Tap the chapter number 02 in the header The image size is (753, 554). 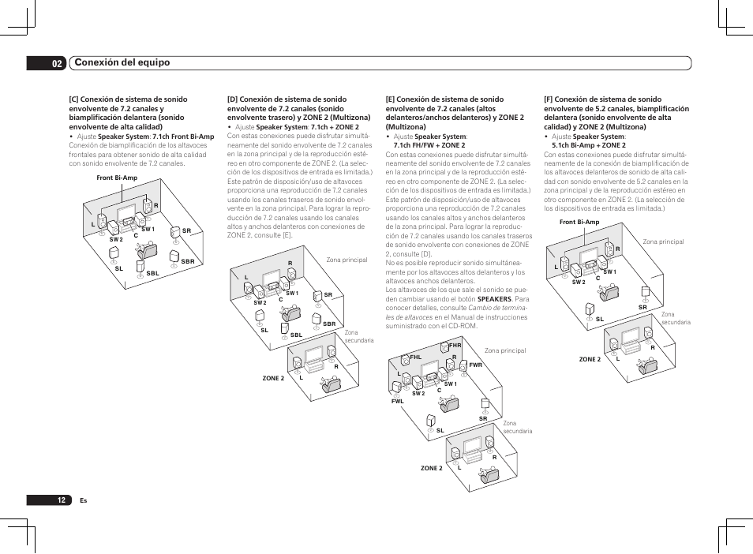pyautogui.click(x=57, y=63)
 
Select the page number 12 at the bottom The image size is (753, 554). pyautogui.click(x=61, y=500)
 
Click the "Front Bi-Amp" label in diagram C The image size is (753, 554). pyautogui.click(x=117, y=178)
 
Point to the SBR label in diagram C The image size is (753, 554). pyautogui.click(x=188, y=261)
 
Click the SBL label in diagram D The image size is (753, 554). pyautogui.click(x=296, y=335)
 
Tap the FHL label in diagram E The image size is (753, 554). pyautogui.click(x=416, y=357)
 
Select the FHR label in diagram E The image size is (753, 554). pyautogui.click(x=455, y=346)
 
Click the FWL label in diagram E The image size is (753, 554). pyautogui.click(x=397, y=401)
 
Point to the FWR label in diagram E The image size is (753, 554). pyautogui.click(x=475, y=365)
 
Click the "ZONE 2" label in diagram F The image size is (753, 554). pyautogui.click(x=590, y=359)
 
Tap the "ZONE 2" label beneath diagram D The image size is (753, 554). pyautogui.click(x=273, y=378)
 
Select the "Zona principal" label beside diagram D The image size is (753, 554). pyautogui.click(x=347, y=260)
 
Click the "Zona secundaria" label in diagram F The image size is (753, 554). pyautogui.click(x=676, y=318)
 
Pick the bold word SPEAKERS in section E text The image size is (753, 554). pyautogui.click(x=495, y=300)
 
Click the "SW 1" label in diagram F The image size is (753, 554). pyautogui.click(x=609, y=271)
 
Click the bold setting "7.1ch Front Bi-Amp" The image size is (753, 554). pyautogui.click(x=183, y=137)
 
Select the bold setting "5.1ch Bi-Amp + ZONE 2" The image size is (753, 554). pyautogui.click(x=588, y=145)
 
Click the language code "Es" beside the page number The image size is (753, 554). pyautogui.click(x=83, y=500)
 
